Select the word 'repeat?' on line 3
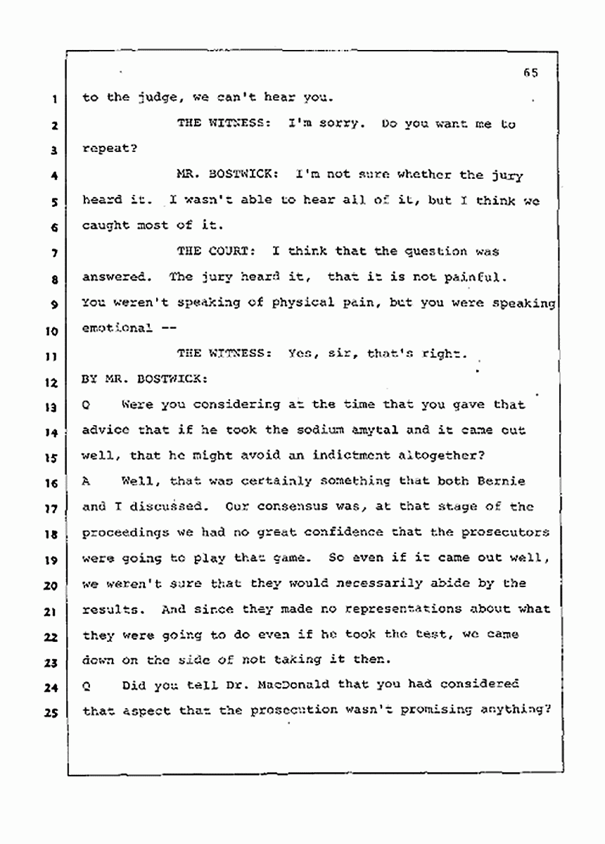[x=106, y=150]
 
